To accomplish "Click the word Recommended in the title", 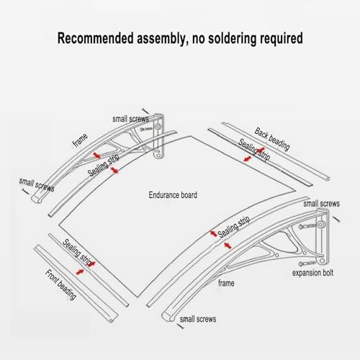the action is [95, 38].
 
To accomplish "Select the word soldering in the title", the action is [231, 39].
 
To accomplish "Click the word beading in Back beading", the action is [279, 143].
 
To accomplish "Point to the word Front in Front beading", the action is [52, 276].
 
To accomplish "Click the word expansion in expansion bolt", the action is [306, 273].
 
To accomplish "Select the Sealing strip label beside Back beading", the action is [254, 150].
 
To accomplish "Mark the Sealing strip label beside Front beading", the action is [77, 253].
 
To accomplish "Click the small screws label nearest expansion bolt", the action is [321, 204].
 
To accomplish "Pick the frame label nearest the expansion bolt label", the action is [226, 283].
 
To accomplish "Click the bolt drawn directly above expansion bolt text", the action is [307, 264].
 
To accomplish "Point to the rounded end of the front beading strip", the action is [112, 320].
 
